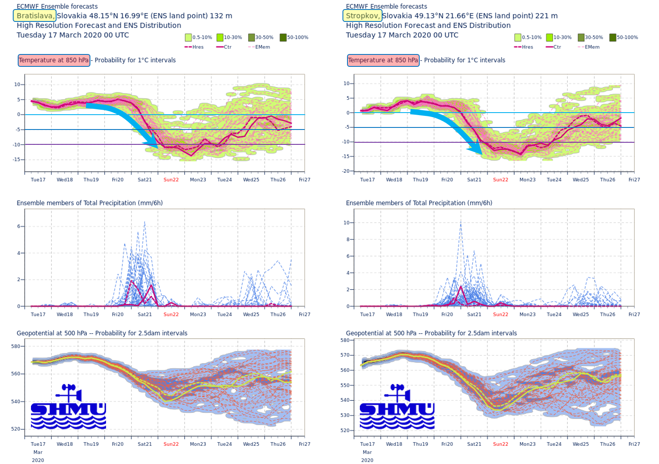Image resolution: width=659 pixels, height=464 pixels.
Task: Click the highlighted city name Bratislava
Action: (x=35, y=16)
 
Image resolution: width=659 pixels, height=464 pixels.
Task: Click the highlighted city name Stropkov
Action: (x=362, y=16)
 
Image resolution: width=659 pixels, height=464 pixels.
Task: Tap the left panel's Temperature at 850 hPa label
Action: (x=54, y=60)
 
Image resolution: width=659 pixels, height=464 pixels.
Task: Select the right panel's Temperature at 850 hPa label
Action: (x=383, y=60)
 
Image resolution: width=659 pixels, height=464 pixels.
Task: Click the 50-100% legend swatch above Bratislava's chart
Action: (x=283, y=38)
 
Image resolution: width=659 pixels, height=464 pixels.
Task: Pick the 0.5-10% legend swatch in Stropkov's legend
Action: (x=518, y=38)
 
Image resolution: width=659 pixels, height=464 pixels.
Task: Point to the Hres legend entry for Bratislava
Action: (x=194, y=47)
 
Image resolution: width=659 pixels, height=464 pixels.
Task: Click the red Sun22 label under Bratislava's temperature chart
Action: (x=171, y=180)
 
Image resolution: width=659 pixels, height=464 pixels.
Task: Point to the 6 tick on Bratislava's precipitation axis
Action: (x=19, y=226)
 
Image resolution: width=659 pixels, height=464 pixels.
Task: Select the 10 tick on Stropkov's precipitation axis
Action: (x=346, y=223)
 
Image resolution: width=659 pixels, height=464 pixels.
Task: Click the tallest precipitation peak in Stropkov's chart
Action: (x=461, y=223)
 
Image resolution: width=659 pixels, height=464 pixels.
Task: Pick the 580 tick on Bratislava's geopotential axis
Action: (x=16, y=346)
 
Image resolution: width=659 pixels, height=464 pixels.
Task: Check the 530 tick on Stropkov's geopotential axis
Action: (x=345, y=415)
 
